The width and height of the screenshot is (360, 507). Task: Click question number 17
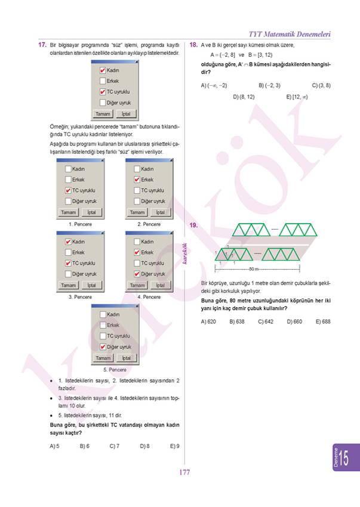42,45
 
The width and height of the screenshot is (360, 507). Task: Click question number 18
193,45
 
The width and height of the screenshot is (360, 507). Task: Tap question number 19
193,225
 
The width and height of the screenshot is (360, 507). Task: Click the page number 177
184,472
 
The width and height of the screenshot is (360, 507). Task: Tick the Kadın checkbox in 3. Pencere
68,242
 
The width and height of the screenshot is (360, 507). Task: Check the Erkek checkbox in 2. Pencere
137,180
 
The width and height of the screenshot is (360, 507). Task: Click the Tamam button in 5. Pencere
103,358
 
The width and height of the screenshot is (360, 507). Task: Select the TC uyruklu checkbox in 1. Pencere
68,190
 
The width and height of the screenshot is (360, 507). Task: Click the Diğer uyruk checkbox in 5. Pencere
103,347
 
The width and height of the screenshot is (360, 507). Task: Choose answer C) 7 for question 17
115,446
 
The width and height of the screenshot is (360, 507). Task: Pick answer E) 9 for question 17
175,446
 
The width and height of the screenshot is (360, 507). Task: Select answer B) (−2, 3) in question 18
269,85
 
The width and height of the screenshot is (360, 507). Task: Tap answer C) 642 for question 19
266,321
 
